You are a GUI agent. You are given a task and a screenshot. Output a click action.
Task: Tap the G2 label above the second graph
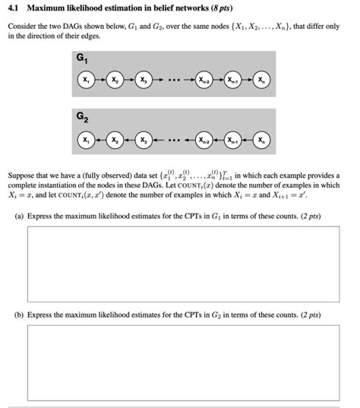pyautogui.click(x=81, y=119)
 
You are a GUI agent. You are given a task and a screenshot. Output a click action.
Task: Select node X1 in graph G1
pyautogui.click(x=87, y=81)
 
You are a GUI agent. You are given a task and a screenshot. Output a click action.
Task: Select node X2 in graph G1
pyautogui.click(x=115, y=81)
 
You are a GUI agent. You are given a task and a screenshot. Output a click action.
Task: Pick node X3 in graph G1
pyautogui.click(x=142, y=81)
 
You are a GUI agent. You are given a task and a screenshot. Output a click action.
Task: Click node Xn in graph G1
pyautogui.click(x=261, y=81)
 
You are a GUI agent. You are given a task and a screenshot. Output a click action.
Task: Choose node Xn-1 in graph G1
pyautogui.click(x=233, y=81)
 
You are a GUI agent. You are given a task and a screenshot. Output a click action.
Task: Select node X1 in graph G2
pyautogui.click(x=87, y=141)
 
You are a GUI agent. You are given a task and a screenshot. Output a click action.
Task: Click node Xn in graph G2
pyautogui.click(x=261, y=141)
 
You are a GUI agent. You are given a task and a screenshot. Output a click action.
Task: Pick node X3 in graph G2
pyautogui.click(x=142, y=141)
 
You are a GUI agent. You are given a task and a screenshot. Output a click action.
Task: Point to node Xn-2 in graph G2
pyautogui.click(x=205, y=141)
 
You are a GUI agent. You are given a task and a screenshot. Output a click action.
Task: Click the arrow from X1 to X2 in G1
pyautogui.click(x=101, y=81)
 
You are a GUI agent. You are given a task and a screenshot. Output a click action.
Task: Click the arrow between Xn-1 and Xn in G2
pyautogui.click(x=247, y=141)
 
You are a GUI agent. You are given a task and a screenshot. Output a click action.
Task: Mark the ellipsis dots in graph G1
pyautogui.click(x=174, y=81)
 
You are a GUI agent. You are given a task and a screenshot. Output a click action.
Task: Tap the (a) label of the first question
pyautogui.click(x=20, y=216)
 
